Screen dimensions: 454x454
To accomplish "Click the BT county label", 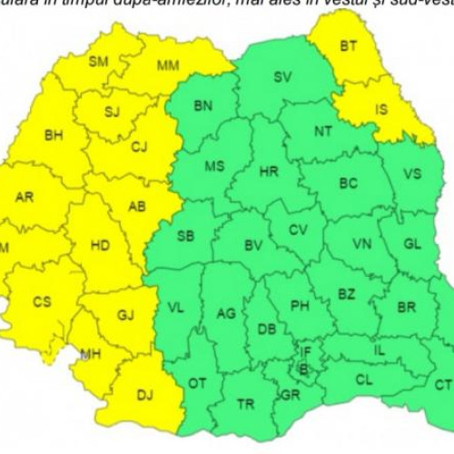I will coord(349,45).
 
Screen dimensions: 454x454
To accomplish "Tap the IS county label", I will coord(381,111).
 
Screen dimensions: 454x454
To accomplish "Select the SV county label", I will coord(282,77).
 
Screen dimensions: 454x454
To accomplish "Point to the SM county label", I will coord(98,62).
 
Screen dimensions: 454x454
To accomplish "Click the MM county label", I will coord(167,66).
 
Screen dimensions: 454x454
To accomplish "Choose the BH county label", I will coord(54,135).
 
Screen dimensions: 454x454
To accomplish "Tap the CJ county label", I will coord(139,147).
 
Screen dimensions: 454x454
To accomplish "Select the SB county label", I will coord(185,237).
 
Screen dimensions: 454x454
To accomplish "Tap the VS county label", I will coord(412,173).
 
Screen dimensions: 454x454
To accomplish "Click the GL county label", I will coord(412,244).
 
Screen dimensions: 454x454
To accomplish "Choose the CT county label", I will coord(442,385).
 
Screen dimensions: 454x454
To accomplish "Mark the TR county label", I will coord(244,404).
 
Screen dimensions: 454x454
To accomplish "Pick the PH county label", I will coord(300,306).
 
